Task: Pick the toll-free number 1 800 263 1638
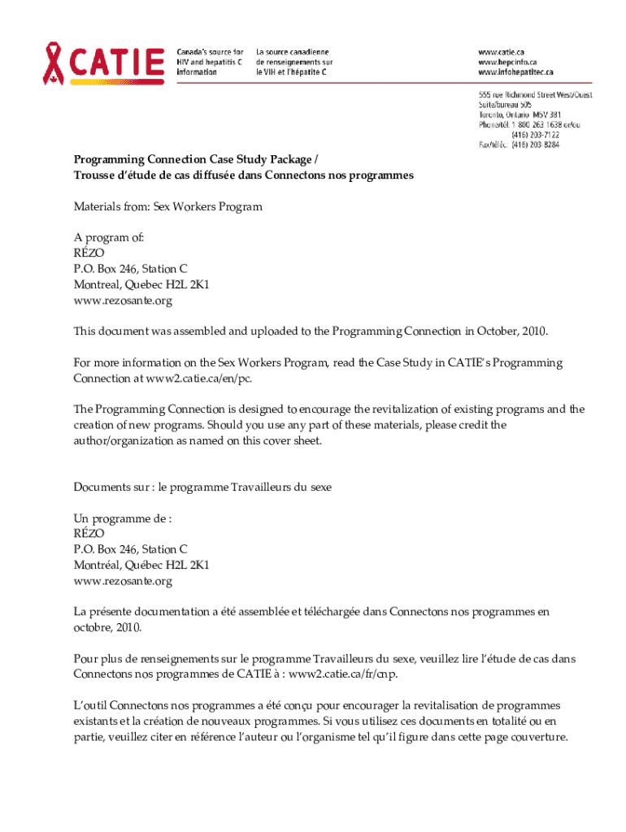[539, 124]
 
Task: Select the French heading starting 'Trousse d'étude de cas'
[244, 175]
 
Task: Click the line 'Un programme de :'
[123, 518]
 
